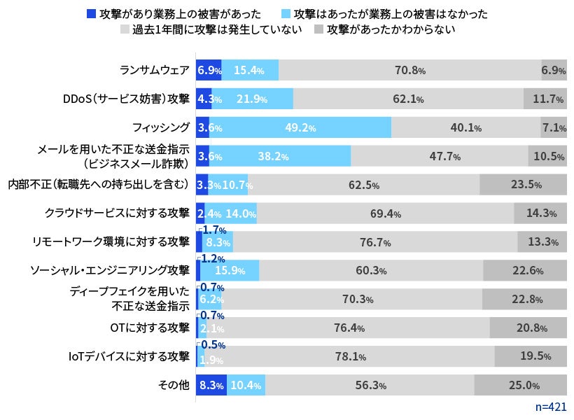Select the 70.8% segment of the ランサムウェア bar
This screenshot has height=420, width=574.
(409, 70)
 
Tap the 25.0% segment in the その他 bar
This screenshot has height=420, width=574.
(520, 385)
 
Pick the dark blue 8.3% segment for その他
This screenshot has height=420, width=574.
(211, 385)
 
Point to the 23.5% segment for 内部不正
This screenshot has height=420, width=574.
(523, 185)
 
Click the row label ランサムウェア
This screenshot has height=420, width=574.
(154, 70)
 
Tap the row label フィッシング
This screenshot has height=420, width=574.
(161, 127)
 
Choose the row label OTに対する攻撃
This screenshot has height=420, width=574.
(150, 328)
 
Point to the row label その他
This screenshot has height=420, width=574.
(175, 385)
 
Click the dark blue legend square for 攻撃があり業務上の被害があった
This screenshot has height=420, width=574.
(91, 13)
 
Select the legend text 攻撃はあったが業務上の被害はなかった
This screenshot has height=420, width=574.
(391, 13)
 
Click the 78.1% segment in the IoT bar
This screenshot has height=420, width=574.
(350, 356)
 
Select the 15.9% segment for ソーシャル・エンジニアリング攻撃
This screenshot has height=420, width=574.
(230, 271)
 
